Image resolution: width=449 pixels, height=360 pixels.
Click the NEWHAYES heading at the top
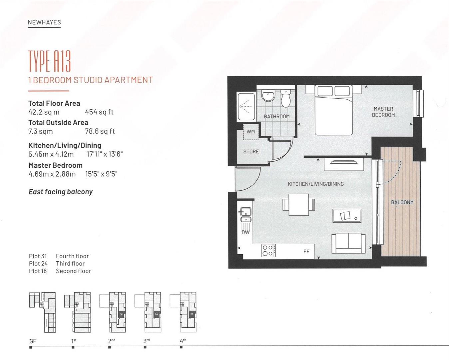point(44,22)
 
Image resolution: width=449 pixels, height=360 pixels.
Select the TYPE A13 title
point(49,61)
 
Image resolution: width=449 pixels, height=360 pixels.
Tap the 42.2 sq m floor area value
point(44,112)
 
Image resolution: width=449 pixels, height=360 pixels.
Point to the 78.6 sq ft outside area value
point(100,131)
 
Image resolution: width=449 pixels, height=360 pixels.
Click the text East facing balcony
point(61,192)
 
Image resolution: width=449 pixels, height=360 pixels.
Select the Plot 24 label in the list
point(38,264)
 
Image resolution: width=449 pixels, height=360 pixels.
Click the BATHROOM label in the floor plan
point(276,116)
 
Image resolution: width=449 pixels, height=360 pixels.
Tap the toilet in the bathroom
point(286,98)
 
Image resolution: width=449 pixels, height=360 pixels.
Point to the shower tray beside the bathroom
point(246,107)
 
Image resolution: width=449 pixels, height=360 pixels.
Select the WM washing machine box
point(250,132)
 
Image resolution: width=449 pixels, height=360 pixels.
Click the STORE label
point(251,152)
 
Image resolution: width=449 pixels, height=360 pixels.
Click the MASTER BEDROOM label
point(383,112)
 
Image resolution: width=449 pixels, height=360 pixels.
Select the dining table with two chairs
point(299,204)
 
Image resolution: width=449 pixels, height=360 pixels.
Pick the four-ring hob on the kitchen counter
point(268,251)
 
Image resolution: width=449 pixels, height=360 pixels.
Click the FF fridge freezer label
point(306,252)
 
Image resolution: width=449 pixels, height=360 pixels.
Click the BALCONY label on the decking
point(402,202)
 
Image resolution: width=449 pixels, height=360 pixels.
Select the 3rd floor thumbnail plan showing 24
point(153,312)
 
